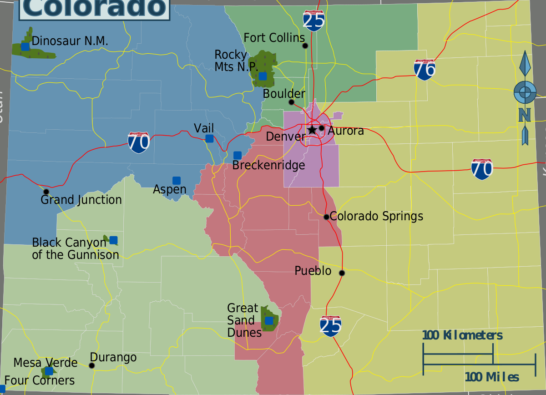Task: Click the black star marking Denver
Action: coord(312,130)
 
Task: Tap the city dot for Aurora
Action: coord(322,128)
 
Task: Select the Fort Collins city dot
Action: coord(305,46)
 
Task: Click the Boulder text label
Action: coord(284,94)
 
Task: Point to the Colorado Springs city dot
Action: coord(326,217)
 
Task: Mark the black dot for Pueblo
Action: coord(342,273)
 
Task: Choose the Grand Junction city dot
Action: coord(46,192)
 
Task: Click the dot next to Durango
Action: coord(92,365)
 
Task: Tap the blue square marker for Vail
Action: coord(209,138)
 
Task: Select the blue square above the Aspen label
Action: coord(177,181)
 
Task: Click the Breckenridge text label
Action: coord(268,165)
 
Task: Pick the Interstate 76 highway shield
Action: coord(425,70)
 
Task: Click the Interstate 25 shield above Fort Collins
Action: coord(314,20)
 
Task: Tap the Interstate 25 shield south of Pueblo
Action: coord(331,326)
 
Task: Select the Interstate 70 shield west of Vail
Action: coord(139,142)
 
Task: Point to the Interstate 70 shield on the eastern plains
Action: coord(482,169)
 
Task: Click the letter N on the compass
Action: coord(525,115)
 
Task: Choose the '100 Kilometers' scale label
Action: coord(462,336)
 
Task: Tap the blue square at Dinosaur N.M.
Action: coord(25,46)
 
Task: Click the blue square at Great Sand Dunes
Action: coord(269,320)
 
